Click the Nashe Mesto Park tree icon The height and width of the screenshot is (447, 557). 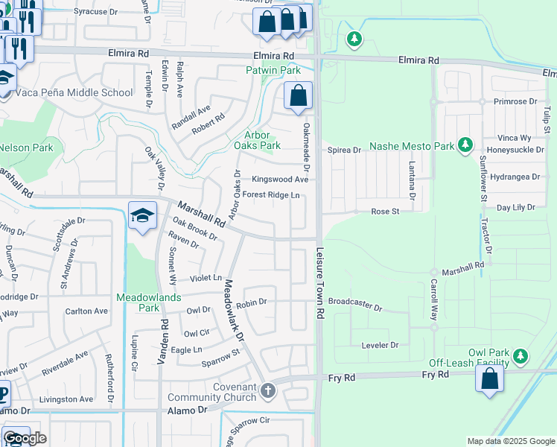click(465, 144)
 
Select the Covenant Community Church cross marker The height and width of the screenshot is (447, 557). click(268, 390)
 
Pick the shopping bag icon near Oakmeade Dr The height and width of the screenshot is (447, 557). click(298, 97)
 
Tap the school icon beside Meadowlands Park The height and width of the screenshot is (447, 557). click(142, 217)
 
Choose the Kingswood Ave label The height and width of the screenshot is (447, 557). click(279, 180)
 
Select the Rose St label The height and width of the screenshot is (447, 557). click(386, 212)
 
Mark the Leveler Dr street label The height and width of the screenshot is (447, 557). click(380, 345)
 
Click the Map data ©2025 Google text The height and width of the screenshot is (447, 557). click(512, 441)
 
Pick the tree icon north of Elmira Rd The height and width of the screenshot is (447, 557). click(354, 38)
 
